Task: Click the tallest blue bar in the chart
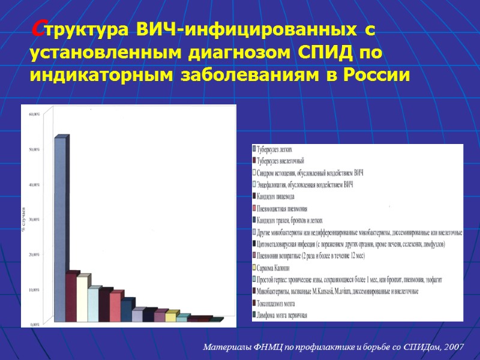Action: [60, 228]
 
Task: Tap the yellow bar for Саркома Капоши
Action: [171, 316]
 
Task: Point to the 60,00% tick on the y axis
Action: [35, 113]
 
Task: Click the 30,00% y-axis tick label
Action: [35, 220]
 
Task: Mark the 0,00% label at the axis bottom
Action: [35, 325]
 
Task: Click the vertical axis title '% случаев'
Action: [24, 220]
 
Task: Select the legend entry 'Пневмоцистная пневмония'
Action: [283, 208]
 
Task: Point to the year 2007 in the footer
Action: [452, 347]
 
